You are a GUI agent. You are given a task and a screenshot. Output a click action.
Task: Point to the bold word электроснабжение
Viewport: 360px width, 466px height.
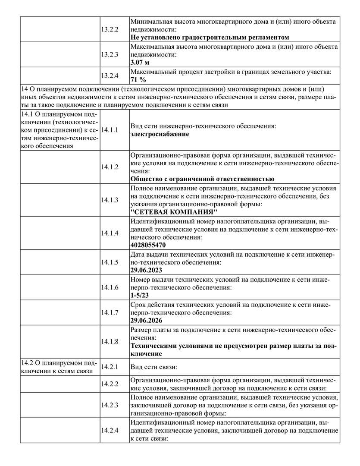160,134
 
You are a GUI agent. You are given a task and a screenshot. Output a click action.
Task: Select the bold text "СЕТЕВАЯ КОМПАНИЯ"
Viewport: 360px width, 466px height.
174,212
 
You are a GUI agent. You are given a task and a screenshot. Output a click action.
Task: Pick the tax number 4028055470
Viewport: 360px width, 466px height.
147,245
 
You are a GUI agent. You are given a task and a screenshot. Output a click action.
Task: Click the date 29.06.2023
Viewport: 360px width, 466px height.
146,270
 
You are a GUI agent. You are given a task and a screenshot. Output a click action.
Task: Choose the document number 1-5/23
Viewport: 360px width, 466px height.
139,295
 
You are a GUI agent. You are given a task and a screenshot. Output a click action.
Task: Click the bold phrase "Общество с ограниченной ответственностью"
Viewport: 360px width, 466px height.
202,179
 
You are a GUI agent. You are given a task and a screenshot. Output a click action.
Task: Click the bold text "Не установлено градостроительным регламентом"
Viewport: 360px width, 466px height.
210,38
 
